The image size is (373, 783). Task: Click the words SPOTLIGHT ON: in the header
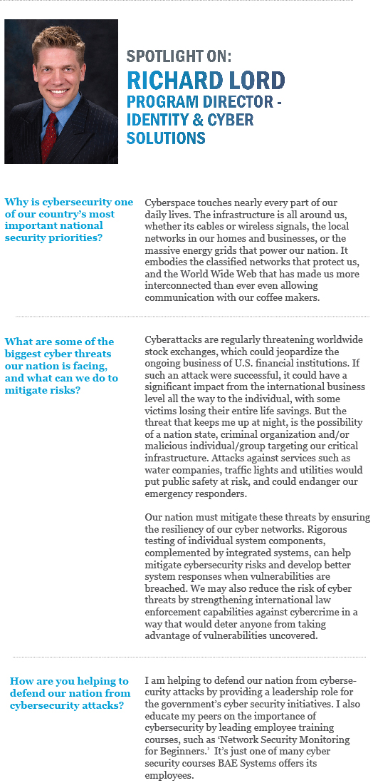179,56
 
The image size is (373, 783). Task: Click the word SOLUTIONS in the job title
166,137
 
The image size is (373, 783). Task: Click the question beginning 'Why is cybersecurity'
68,220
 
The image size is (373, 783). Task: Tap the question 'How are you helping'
70,693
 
